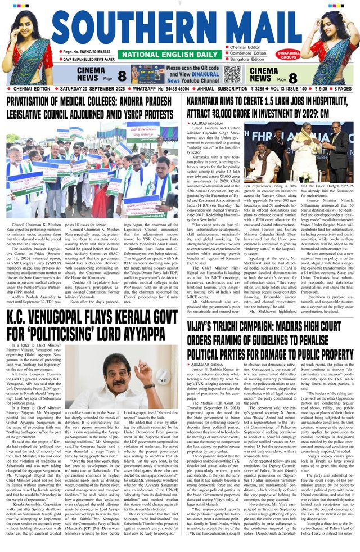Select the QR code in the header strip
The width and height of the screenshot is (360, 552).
click(232, 74)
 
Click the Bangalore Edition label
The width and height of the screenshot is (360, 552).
click(248, 60)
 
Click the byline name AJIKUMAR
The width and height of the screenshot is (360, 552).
click(200, 364)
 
